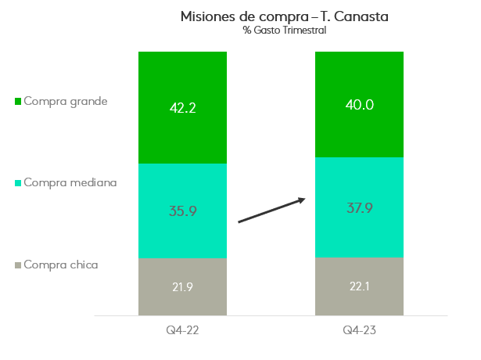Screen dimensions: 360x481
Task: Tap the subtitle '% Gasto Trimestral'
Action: pos(284,31)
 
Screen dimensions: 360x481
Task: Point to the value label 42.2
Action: pos(182,107)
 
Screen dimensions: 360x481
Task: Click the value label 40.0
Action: pos(359,104)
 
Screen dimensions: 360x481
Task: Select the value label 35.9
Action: pos(182,211)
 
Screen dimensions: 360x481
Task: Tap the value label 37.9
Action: pos(359,207)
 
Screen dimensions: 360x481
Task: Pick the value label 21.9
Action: pos(182,286)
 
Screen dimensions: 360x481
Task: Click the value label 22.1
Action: pos(359,286)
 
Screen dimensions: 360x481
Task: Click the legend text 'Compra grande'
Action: pos(66,101)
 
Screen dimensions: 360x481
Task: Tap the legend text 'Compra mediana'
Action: pos(70,182)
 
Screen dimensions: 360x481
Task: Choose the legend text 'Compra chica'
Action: pos(61,265)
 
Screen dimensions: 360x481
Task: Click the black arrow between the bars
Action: pos(271,211)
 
